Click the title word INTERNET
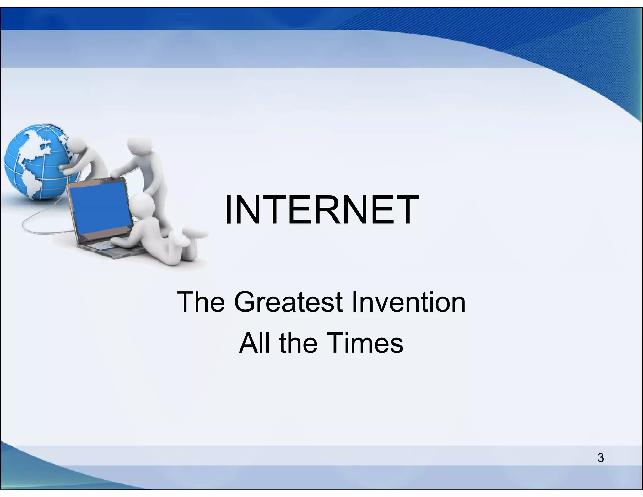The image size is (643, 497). point(321,210)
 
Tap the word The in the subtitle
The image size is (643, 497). point(201,302)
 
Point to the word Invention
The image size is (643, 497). point(408,302)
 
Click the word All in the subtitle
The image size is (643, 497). point(254,343)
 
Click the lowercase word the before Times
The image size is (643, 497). point(298,343)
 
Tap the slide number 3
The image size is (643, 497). point(601,458)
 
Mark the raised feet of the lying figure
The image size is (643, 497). point(193,234)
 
